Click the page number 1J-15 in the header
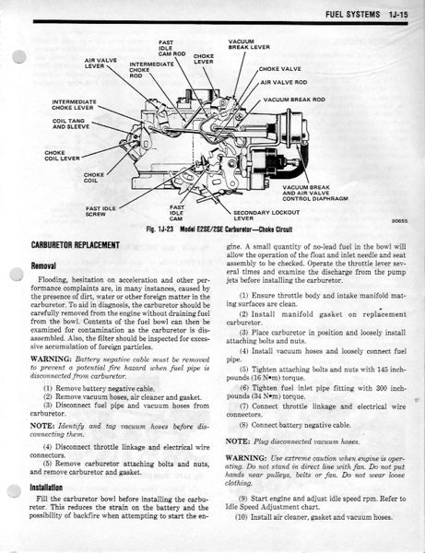click(x=398, y=15)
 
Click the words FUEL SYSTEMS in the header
click(x=353, y=15)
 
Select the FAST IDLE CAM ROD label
click(x=171, y=48)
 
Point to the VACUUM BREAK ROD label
click(x=294, y=100)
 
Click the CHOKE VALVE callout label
click(x=280, y=69)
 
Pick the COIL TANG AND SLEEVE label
click(x=71, y=124)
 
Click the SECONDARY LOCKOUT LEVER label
click(x=266, y=215)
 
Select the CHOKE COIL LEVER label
click(x=62, y=156)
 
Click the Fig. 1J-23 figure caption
click(x=219, y=229)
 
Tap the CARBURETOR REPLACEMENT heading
click(x=75, y=245)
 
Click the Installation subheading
click(x=46, y=488)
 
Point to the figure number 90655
click(x=399, y=221)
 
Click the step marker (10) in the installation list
click(x=242, y=517)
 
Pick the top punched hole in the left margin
click(x=19, y=57)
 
